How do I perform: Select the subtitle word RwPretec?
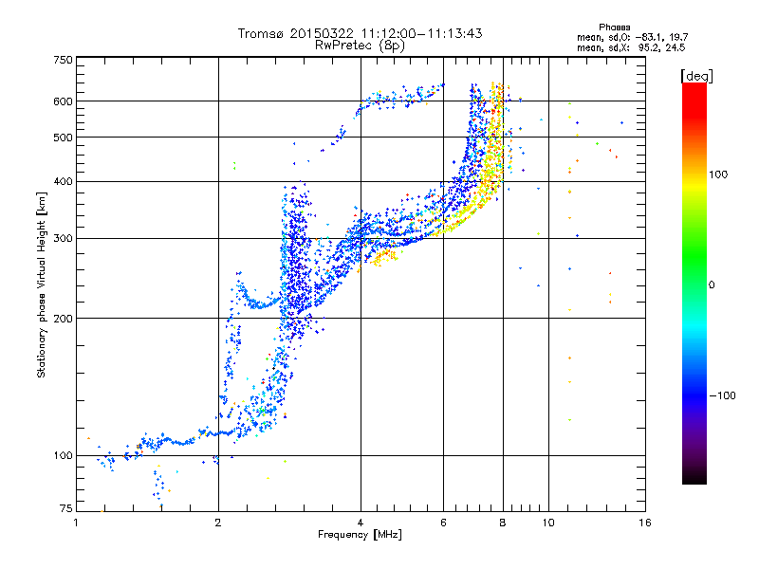tap(343, 46)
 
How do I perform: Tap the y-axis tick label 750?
tap(64, 60)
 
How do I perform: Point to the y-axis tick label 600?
tap(64, 101)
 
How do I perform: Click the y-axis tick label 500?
tap(64, 138)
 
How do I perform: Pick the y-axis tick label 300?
tap(64, 239)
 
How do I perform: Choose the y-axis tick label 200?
tap(64, 319)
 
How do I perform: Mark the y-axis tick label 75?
tap(66, 508)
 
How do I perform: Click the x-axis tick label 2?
tap(218, 523)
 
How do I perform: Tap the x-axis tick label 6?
tap(443, 523)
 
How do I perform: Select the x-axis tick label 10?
tap(548, 523)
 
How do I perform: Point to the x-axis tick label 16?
tap(645, 523)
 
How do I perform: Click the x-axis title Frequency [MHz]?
tap(360, 535)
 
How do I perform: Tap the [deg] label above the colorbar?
tap(696, 76)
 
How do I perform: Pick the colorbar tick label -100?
tap(722, 395)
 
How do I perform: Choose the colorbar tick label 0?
tap(712, 285)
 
